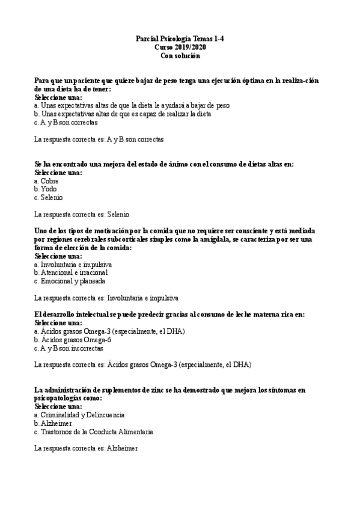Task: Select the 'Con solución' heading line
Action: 180,55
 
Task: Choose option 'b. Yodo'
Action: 46,189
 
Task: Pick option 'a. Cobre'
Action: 47,180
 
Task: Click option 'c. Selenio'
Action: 48,197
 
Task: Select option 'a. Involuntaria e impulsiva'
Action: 73,264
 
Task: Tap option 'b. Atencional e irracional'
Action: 71,272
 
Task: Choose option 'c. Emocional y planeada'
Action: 70,281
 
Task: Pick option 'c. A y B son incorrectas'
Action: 69,348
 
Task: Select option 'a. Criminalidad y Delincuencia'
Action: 79,414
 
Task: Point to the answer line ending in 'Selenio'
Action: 82,214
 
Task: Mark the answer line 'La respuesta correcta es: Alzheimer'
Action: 86,448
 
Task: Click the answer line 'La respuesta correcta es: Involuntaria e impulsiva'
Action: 106,298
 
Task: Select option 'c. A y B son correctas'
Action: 66,122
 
